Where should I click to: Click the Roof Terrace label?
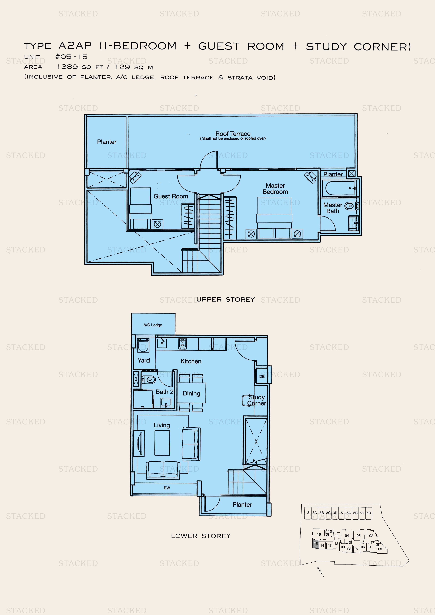pyautogui.click(x=233, y=134)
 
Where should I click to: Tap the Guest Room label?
pyautogui.click(x=171, y=196)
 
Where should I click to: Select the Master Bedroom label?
pyautogui.click(x=275, y=189)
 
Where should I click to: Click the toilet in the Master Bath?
pyautogui.click(x=350, y=206)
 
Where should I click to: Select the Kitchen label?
pyautogui.click(x=191, y=361)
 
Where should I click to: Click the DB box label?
pyautogui.click(x=262, y=376)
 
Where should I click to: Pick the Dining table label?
pyautogui.click(x=191, y=393)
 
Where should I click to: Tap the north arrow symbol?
pyautogui.click(x=320, y=571)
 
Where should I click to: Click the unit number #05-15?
pyautogui.click(x=71, y=57)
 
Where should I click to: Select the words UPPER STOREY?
pyautogui.click(x=226, y=299)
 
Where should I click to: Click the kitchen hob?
pyautogui.click(x=183, y=344)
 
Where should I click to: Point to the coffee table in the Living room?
pyautogui.click(x=162, y=443)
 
